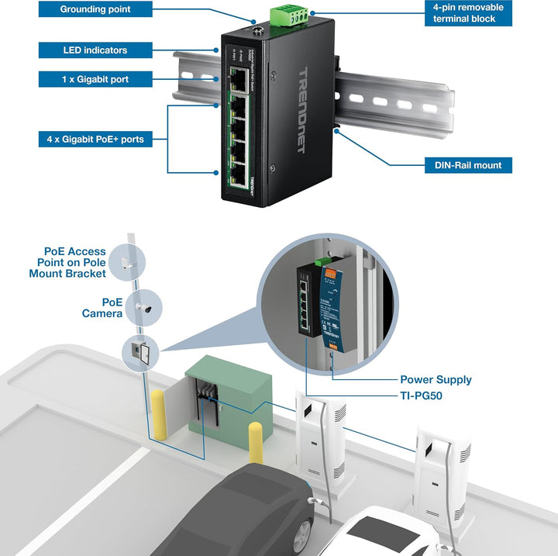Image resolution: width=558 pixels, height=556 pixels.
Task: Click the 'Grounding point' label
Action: pos(95,10)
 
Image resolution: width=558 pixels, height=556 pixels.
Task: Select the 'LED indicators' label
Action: pos(95,50)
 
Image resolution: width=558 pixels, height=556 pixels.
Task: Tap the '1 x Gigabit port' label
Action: pos(95,79)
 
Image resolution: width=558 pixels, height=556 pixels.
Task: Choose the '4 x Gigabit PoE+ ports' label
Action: pos(95,140)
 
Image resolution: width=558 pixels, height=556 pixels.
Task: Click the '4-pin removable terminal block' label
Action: pos(467,12)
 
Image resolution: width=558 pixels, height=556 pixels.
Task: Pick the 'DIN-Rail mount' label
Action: pos(467,165)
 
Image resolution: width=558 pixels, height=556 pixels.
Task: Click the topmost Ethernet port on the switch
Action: pos(236,78)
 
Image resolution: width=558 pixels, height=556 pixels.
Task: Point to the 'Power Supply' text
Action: pos(435,380)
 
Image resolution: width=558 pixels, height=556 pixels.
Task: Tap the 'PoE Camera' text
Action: pos(102,307)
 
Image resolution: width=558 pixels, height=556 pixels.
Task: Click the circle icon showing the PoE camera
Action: pos(143,308)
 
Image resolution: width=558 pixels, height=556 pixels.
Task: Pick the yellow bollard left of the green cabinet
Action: pos(159,414)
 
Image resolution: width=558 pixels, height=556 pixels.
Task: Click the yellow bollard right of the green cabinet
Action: pos(255,445)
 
